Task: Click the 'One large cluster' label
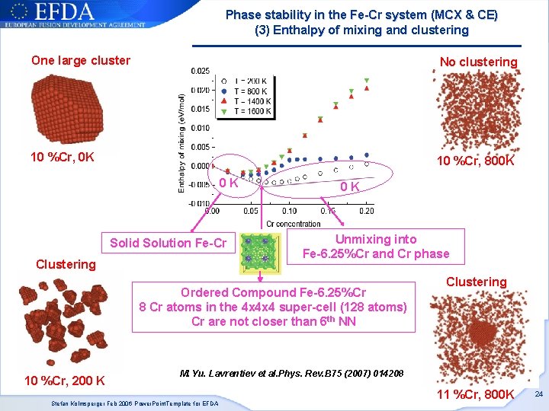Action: [x=80, y=61]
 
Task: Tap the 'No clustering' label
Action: [x=478, y=62]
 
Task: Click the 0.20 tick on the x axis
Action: [x=366, y=210]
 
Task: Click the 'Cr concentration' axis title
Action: [x=293, y=223]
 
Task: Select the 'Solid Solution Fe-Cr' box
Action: [x=168, y=244]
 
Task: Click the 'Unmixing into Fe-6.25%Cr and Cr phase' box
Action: [x=376, y=247]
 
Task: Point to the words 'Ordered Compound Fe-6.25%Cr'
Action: [x=273, y=293]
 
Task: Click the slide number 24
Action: [x=538, y=394]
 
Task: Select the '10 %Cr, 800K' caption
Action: [x=475, y=162]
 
